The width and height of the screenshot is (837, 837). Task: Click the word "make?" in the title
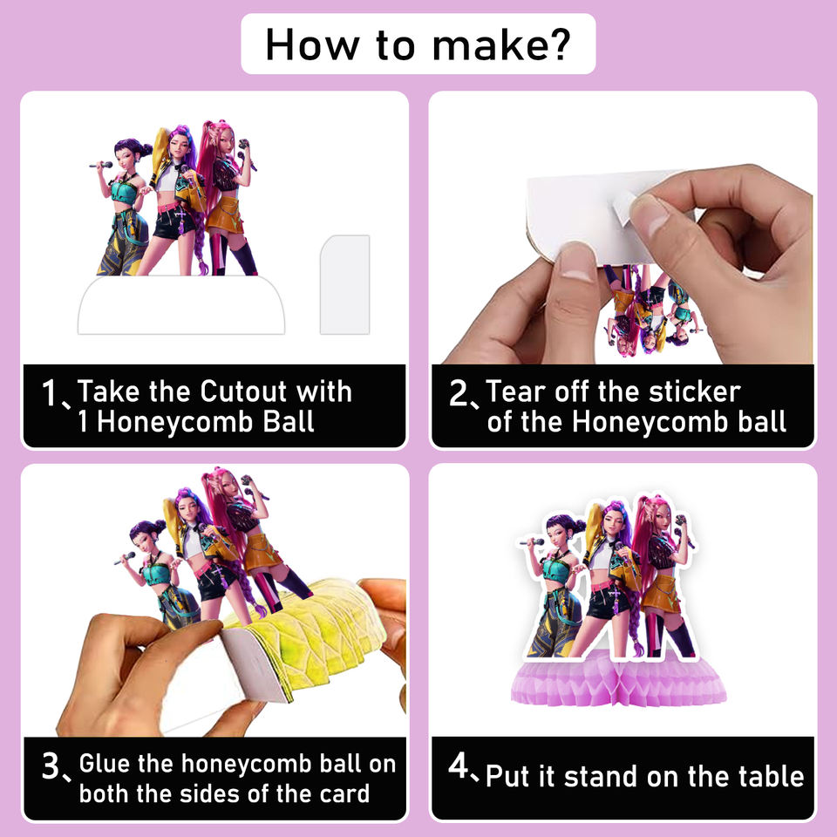[501, 44]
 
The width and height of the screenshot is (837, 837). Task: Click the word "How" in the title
[312, 44]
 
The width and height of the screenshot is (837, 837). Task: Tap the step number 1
[49, 392]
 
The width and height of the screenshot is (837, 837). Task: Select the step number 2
[459, 392]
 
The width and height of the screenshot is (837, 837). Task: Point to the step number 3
[51, 766]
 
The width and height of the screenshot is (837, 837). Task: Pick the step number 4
[459, 765]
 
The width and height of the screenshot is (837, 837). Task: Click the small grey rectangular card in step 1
[345, 284]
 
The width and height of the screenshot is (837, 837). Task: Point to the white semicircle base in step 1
[181, 305]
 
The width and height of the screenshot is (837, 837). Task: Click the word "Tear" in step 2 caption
[515, 391]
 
